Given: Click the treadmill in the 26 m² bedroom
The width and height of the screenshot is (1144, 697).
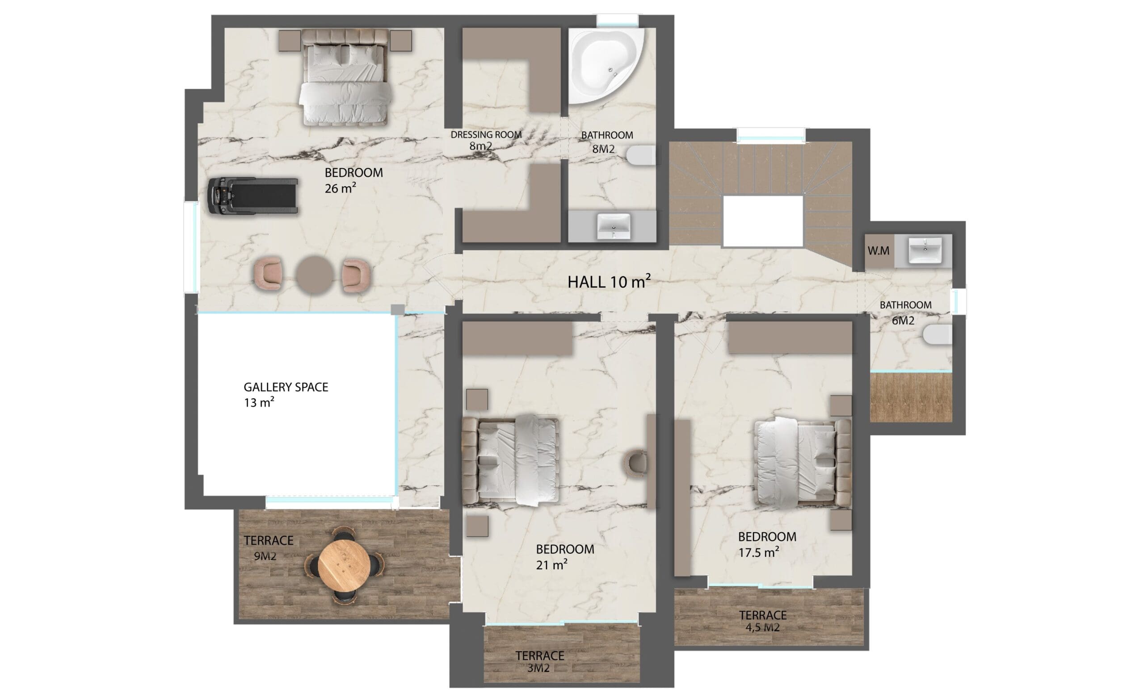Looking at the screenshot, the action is tap(252, 196).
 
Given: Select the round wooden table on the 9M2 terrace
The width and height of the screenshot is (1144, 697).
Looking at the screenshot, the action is tap(344, 566).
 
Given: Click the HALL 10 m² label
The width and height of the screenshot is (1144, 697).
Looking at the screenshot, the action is tap(609, 282).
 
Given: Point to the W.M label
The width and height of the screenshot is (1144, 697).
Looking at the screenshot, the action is tap(879, 251).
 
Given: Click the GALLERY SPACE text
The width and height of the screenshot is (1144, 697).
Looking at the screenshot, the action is tap(286, 387).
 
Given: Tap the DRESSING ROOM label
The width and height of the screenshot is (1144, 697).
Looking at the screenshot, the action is tap(486, 134).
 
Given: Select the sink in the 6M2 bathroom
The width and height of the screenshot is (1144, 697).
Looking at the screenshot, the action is tap(925, 250).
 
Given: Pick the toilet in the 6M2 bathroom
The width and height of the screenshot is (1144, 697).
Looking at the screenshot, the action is tap(937, 335).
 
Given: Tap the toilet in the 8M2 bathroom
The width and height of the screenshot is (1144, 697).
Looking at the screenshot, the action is tap(641, 155).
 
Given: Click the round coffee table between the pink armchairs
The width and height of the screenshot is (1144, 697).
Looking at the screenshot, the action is tap(314, 275).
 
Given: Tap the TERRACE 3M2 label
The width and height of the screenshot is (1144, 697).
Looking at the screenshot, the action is tap(539, 662).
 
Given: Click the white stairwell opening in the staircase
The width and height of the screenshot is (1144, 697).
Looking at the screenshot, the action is tap(763, 221).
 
